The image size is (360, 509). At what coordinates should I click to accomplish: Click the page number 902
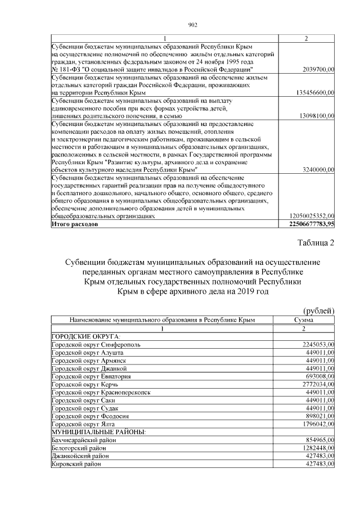point(192,24)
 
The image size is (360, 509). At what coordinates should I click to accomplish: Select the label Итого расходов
point(74,224)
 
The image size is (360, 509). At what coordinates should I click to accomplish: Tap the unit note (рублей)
point(319,310)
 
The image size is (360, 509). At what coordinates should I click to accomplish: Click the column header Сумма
point(304,319)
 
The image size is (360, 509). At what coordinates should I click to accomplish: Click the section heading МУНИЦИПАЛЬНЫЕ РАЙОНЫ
point(98,431)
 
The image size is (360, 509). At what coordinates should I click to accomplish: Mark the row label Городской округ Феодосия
point(90,416)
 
